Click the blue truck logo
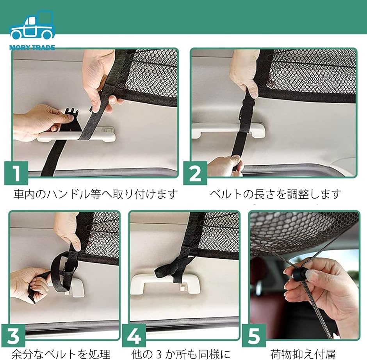[32, 25]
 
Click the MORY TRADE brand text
[32, 48]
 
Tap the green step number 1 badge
[16, 173]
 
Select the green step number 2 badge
[195, 173]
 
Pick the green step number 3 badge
[13, 336]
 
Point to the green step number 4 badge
[134, 336]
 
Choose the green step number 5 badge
[254, 336]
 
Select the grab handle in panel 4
[166, 283]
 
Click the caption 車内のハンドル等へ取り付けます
[95, 194]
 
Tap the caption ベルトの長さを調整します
[275, 194]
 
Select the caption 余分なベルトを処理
[61, 354]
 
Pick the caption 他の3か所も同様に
[181, 354]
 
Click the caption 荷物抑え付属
[303, 354]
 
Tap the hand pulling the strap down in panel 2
[225, 166]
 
